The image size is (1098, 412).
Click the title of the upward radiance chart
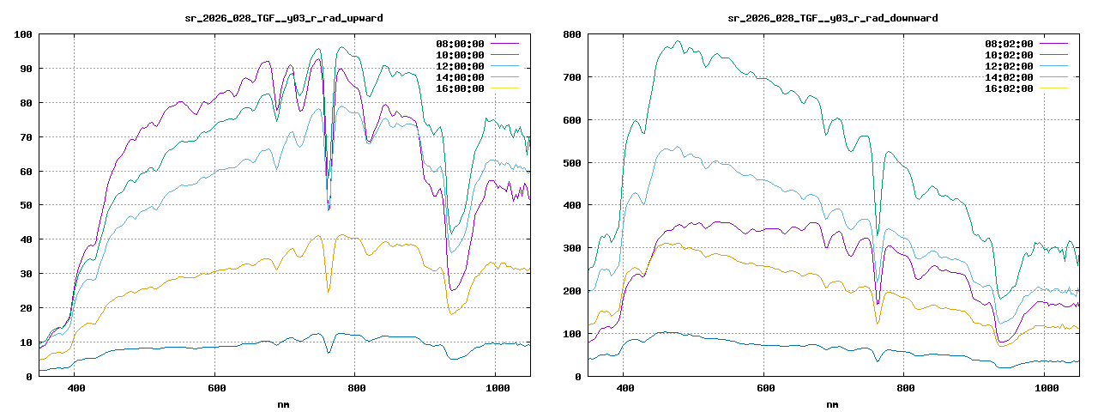[284, 17]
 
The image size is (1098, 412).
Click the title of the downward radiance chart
[832, 17]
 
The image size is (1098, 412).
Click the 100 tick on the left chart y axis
[23, 34]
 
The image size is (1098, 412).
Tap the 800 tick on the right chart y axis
[572, 34]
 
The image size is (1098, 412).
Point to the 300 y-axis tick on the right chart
[572, 248]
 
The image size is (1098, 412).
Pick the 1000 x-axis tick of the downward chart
[1044, 389]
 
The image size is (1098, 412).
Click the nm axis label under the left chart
[284, 403]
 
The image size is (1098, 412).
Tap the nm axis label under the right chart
[832, 403]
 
